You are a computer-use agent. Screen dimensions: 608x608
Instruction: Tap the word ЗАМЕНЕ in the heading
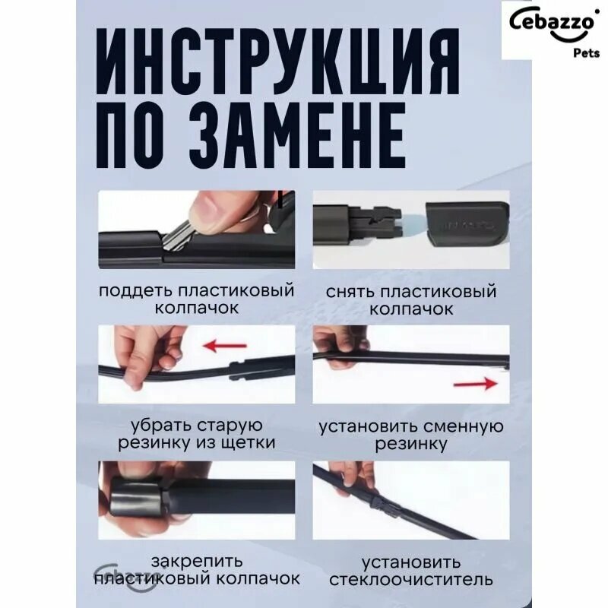pyautogui.click(x=298, y=135)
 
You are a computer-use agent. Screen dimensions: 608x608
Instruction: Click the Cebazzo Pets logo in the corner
pyautogui.click(x=555, y=30)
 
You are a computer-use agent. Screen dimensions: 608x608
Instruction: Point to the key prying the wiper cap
pyautogui.click(x=177, y=238)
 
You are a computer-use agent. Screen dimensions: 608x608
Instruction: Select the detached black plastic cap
pyautogui.click(x=467, y=225)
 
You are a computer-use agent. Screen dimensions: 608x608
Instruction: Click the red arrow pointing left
pyautogui.click(x=225, y=345)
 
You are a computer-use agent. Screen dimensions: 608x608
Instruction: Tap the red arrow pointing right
pyautogui.click(x=476, y=383)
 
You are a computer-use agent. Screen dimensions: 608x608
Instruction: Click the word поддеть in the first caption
pyautogui.click(x=135, y=291)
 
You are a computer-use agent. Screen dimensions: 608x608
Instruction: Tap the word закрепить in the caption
pyautogui.click(x=197, y=562)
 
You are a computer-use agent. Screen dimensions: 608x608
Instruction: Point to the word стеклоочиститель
pyautogui.click(x=411, y=580)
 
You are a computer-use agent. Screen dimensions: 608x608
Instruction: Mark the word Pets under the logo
pyautogui.click(x=586, y=52)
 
